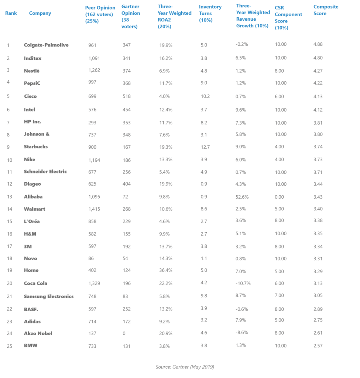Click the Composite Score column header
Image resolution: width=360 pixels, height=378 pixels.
pos(326,10)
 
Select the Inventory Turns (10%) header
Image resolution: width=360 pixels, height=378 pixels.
pos(210,13)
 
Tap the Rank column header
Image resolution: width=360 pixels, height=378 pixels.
pos(11,13)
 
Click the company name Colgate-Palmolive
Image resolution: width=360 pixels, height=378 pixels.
pos(46,45)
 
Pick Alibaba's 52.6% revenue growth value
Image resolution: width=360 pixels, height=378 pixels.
pos(243,197)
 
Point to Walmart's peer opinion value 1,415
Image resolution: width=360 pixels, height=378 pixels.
pos(94,209)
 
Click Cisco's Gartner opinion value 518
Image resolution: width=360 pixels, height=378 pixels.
pos(126,96)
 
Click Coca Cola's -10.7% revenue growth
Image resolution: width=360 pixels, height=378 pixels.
pos(243,283)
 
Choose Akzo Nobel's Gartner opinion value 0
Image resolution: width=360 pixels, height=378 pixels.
pos(124,333)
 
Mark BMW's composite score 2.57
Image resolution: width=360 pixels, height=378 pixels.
pos(318,346)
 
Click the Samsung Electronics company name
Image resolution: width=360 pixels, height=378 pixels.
pos(49,296)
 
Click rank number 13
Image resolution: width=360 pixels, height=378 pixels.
pos(9,197)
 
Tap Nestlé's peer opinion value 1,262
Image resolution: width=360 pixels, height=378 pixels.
pos(94,70)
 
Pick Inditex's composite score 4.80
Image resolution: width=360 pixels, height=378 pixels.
pos(318,58)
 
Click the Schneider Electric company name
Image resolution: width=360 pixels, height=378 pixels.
pos(45,172)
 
